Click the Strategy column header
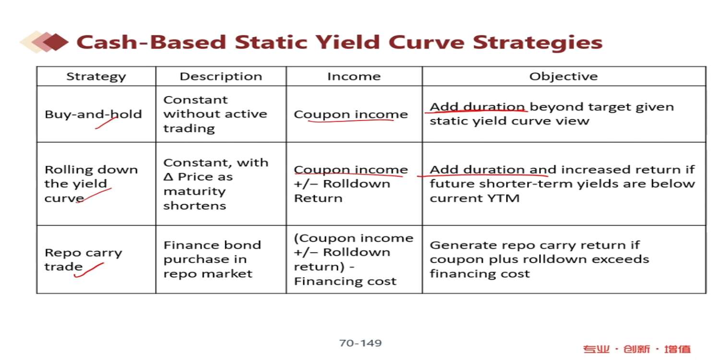pyautogui.click(x=96, y=77)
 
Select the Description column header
pyautogui.click(x=221, y=76)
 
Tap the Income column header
pyautogui.click(x=354, y=76)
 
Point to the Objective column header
pyautogui.click(x=564, y=76)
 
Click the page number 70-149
pyautogui.click(x=360, y=343)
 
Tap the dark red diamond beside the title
pyautogui.click(x=56, y=42)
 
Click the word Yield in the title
pyautogui.click(x=347, y=42)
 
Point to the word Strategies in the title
pyautogui.click(x=538, y=43)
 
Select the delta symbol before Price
pyautogui.click(x=168, y=177)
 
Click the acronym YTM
pyautogui.click(x=504, y=198)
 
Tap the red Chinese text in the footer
pyautogui.click(x=637, y=349)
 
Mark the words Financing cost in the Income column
pyautogui.click(x=345, y=282)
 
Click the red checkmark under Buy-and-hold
pyautogui.click(x=107, y=123)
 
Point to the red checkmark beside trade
pyautogui.click(x=89, y=270)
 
